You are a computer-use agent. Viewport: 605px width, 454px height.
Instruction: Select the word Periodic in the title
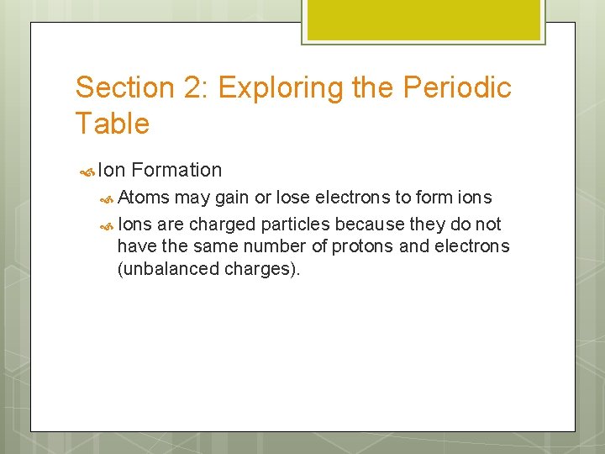pos(458,87)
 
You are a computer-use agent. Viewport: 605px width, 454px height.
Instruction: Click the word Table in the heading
pos(112,124)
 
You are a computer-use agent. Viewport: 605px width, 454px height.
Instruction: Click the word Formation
pos(176,170)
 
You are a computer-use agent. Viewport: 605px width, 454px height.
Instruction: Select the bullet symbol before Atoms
pos(106,198)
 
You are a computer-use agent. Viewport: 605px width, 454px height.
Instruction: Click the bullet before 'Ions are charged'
pos(106,224)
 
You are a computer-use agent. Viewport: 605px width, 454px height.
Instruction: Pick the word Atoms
pos(144,198)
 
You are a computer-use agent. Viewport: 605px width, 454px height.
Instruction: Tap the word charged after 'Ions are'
pos(220,224)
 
